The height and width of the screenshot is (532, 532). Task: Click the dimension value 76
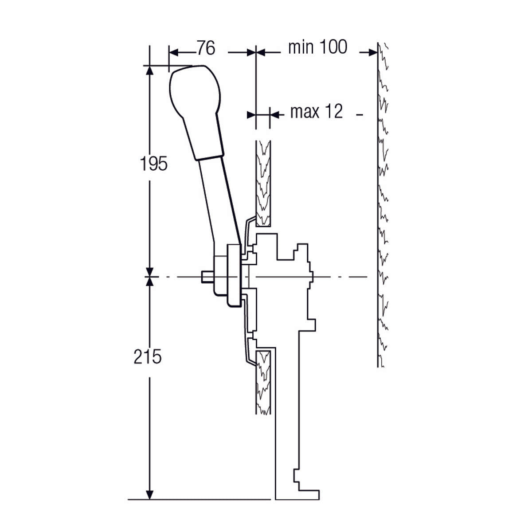point(206,48)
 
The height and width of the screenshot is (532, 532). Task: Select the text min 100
point(317,47)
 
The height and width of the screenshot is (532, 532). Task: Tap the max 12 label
point(317,112)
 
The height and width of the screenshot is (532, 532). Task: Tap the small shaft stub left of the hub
point(207,277)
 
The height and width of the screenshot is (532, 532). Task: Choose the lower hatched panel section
point(263,381)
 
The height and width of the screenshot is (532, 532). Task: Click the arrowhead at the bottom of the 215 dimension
point(150,494)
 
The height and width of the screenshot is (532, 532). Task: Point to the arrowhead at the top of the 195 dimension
point(150,71)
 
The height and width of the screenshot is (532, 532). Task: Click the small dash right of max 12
point(360,115)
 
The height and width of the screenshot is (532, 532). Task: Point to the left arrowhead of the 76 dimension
point(174,52)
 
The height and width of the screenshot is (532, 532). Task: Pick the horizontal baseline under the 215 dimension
point(199,500)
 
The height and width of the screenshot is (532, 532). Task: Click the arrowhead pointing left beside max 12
point(276,115)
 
